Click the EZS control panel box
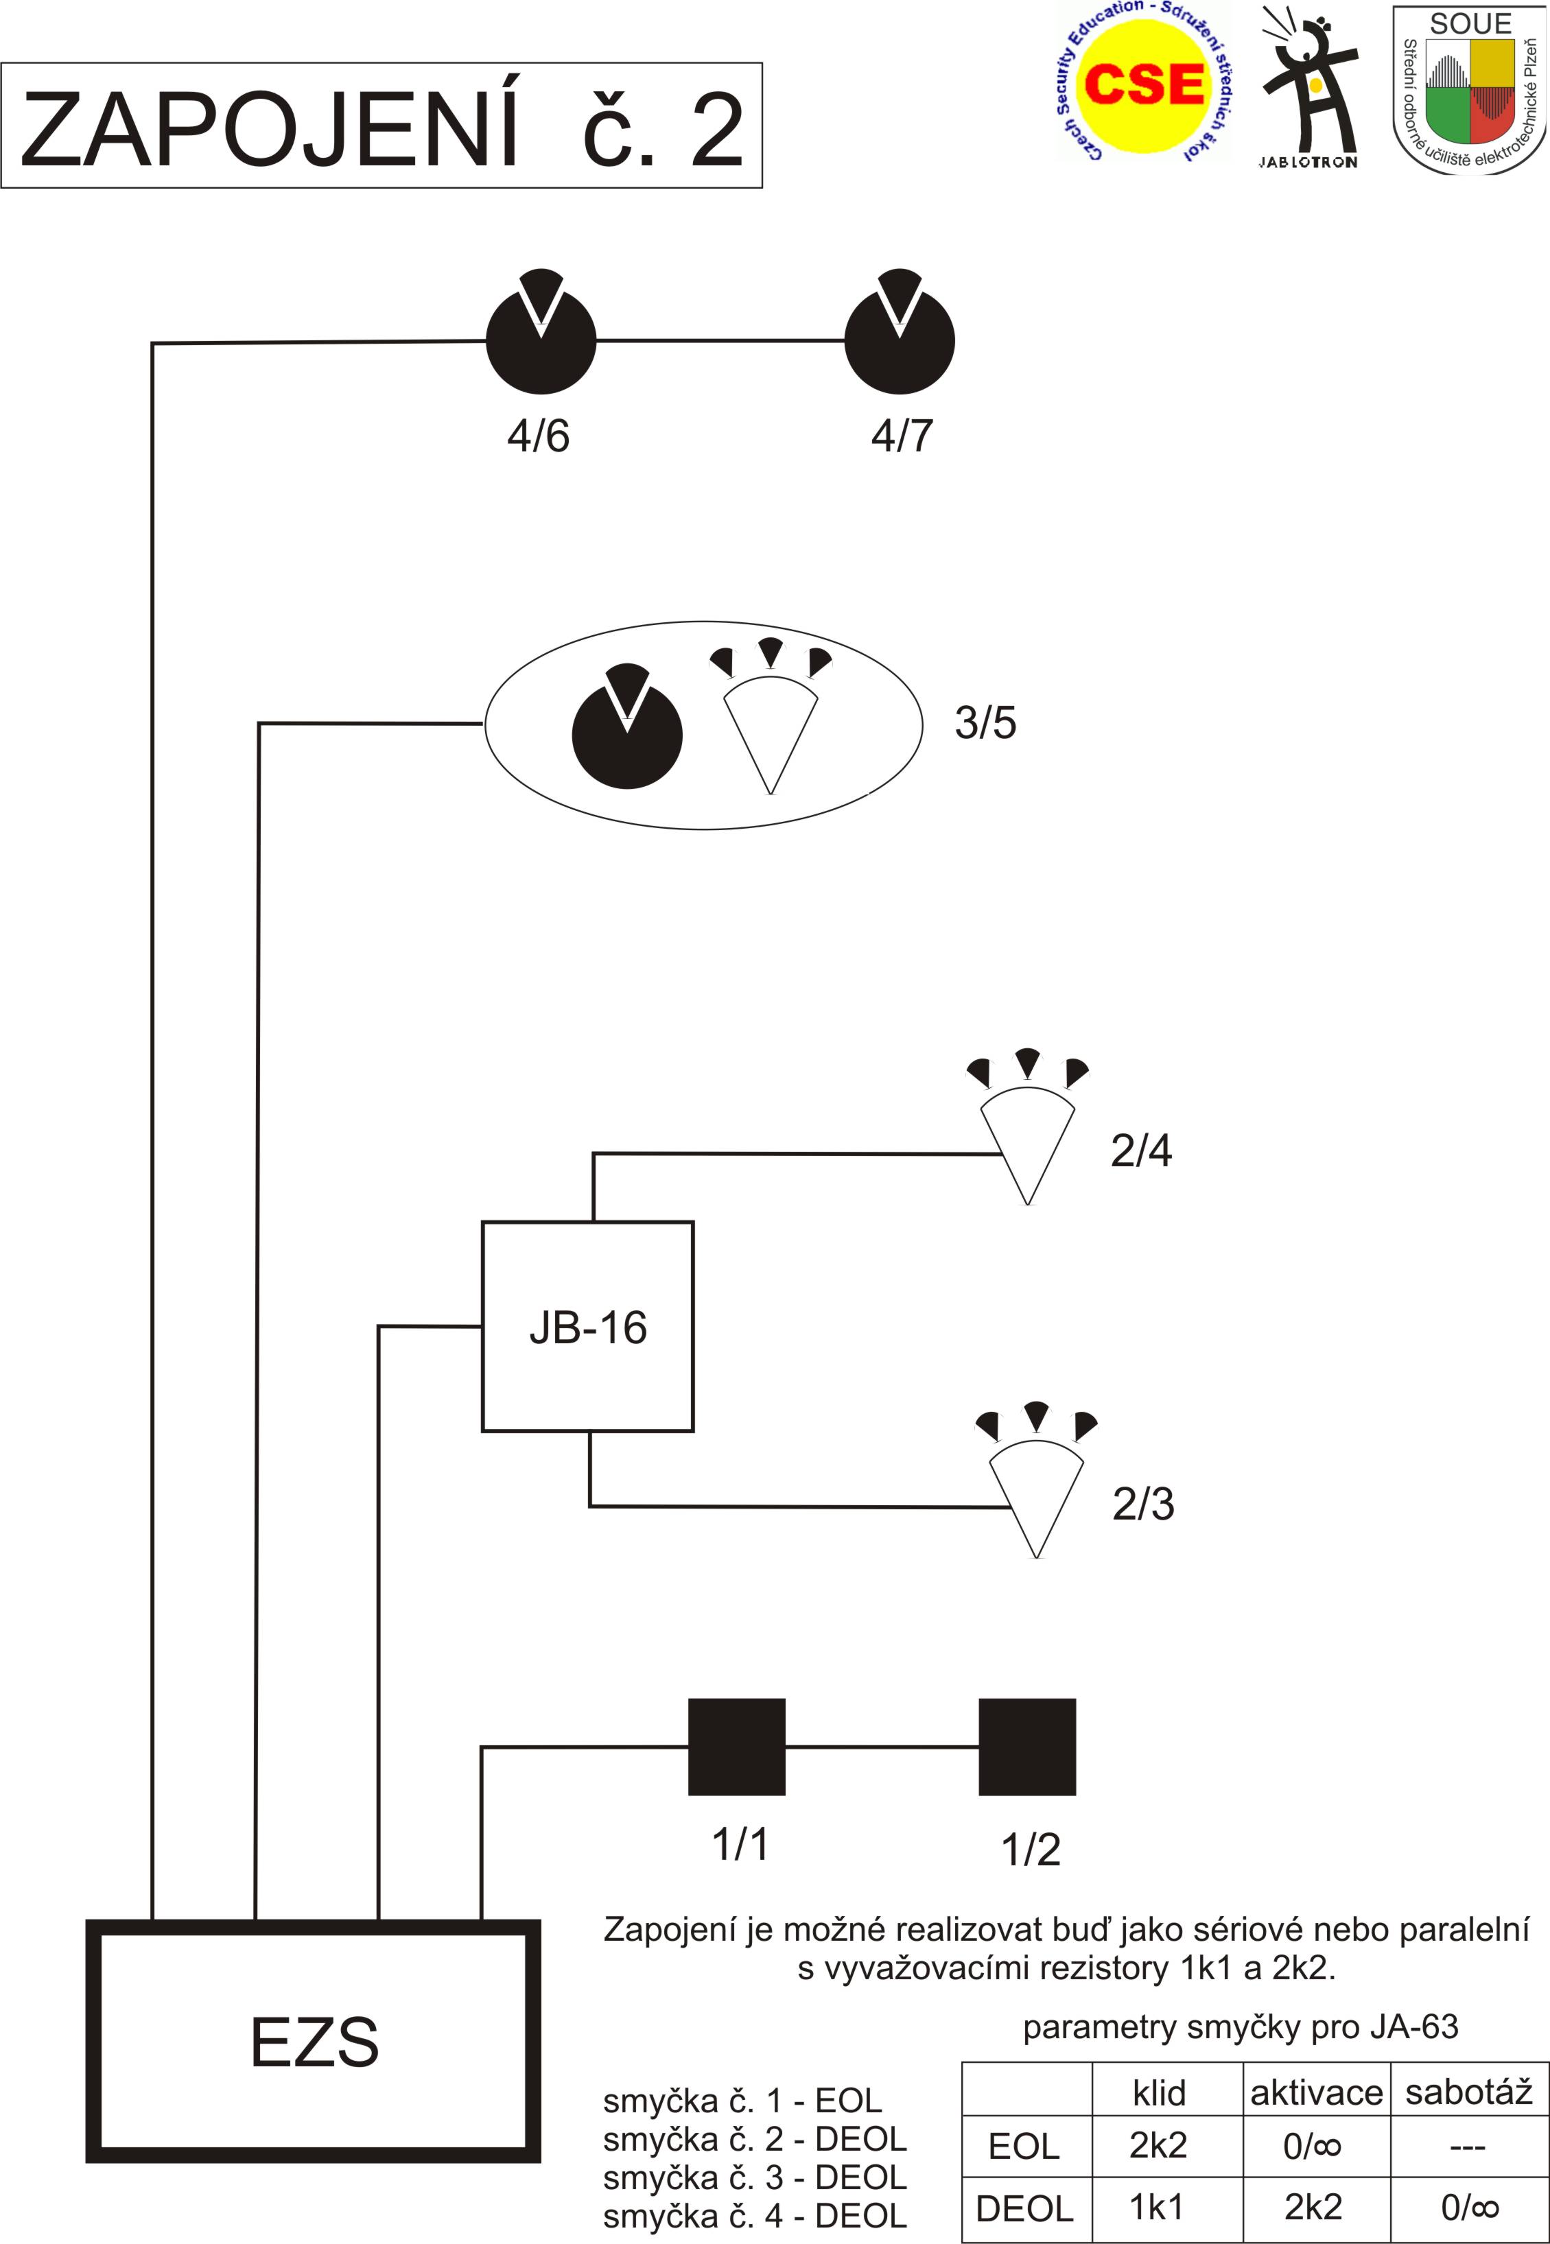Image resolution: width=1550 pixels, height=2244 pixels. [x=313, y=2041]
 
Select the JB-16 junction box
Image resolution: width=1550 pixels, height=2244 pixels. [x=587, y=1326]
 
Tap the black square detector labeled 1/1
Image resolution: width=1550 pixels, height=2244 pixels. [x=736, y=1747]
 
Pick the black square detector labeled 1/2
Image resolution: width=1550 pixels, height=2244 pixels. [x=1026, y=1747]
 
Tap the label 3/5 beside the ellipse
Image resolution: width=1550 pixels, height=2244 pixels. [x=985, y=722]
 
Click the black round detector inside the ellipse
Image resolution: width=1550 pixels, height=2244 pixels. [x=627, y=733]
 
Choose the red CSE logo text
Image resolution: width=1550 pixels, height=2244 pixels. [x=1143, y=84]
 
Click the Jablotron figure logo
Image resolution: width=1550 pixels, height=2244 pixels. [x=1308, y=87]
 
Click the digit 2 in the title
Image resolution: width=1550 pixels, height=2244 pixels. [x=717, y=130]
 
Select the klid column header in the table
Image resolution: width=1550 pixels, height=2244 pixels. [x=1159, y=2092]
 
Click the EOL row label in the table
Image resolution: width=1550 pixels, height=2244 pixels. [x=1024, y=2146]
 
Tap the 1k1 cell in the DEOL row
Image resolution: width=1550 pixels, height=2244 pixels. [x=1157, y=2207]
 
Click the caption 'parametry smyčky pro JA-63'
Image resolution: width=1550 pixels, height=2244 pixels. [x=1240, y=2027]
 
